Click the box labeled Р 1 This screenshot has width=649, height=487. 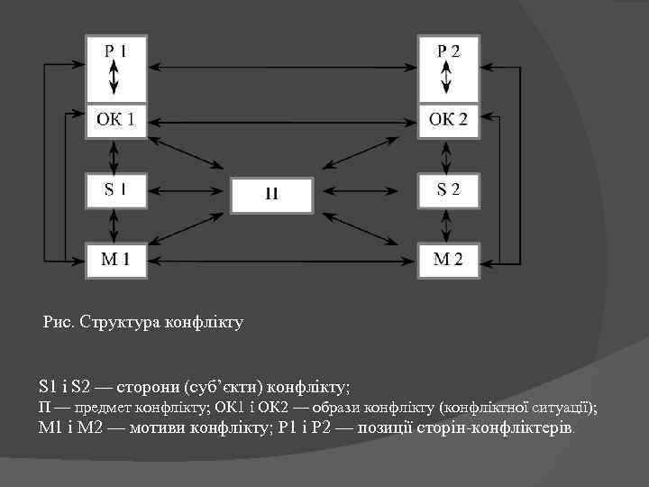tap(115, 53)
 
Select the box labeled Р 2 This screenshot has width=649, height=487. tap(448, 53)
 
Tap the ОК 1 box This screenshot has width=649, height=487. tap(115, 119)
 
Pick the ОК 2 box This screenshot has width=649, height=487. tap(448, 119)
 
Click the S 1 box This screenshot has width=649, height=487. tap(115, 190)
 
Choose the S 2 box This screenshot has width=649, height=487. tap(448, 190)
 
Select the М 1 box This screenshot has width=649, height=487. tap(115, 260)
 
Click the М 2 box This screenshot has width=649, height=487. tap(448, 260)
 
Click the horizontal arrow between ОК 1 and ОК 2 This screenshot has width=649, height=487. tap(281, 119)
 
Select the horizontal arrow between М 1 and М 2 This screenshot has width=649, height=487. tap(281, 260)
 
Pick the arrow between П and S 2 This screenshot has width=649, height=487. tap(364, 191)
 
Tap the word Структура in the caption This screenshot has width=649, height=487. tap(123, 321)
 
